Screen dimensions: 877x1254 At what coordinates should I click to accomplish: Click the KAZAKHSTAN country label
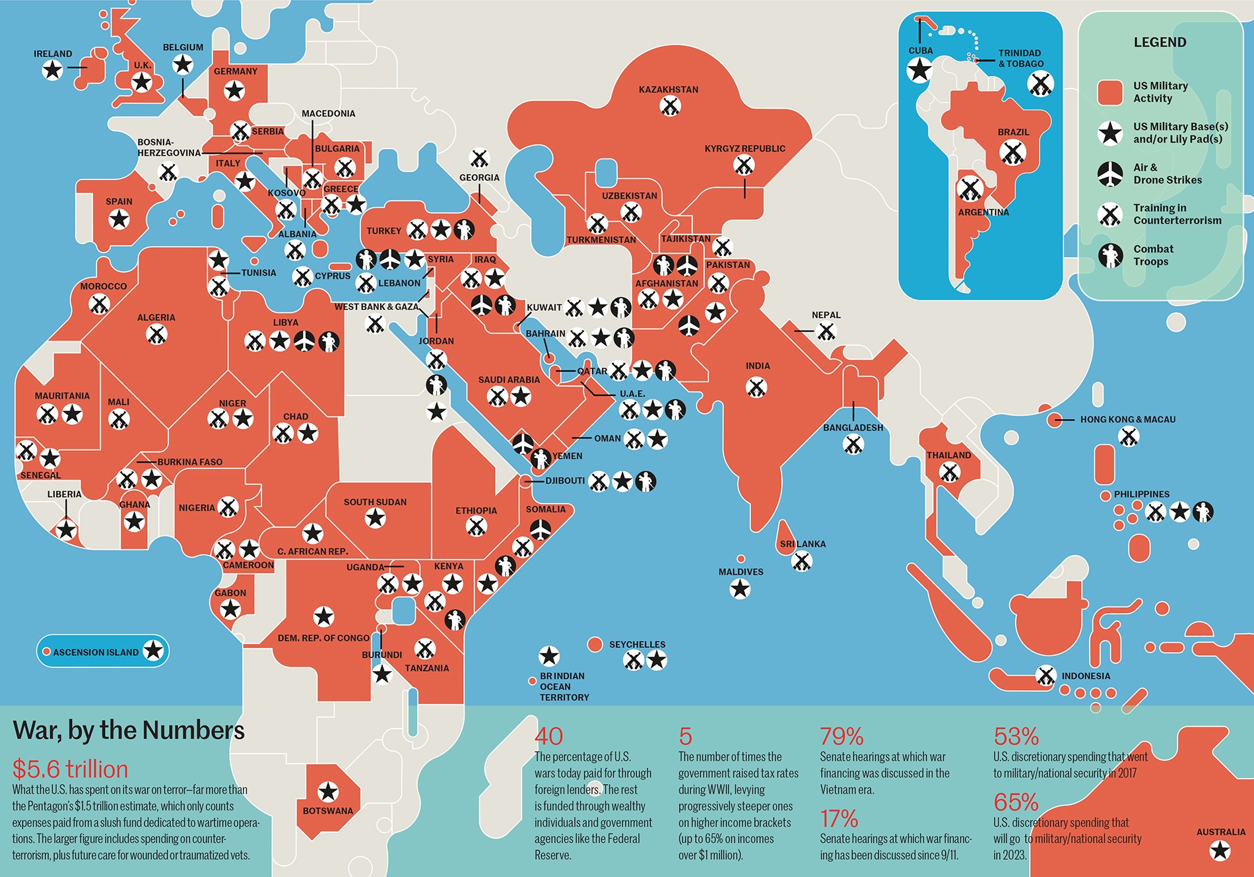pos(668,90)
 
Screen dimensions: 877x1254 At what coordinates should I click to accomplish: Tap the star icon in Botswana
pos(328,791)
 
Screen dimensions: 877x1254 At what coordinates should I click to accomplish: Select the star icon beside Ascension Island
pos(153,651)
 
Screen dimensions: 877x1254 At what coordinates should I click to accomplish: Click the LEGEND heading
pos(1160,42)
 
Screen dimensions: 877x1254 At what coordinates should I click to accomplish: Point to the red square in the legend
pos(1109,92)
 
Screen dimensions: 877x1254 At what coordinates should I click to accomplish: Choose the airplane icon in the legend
pos(1110,174)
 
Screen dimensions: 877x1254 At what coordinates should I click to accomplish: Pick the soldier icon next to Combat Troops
pos(1110,255)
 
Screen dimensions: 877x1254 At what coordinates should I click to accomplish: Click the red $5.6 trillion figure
pos(70,769)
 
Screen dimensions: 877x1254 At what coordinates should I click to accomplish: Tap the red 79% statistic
pos(841,736)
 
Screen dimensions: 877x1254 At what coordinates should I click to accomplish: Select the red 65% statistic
pos(1016,802)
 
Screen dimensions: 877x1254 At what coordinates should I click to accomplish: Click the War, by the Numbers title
pos(129,731)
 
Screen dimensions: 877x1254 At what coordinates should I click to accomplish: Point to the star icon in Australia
pos(1220,851)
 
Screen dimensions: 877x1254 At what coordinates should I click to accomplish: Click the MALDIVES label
pos(741,572)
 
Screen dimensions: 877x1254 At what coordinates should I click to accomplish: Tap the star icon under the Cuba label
pos(919,69)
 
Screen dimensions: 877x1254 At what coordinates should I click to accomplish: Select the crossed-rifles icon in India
pos(756,387)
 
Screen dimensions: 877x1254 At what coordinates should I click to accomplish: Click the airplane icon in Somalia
pos(541,529)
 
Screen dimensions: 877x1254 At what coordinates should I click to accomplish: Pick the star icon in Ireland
pos(53,69)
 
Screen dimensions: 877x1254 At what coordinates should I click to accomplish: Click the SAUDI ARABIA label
pos(509,380)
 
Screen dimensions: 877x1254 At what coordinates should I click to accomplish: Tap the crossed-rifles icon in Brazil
pos(1012,153)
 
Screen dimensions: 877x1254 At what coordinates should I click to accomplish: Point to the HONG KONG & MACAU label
pos(1127,420)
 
